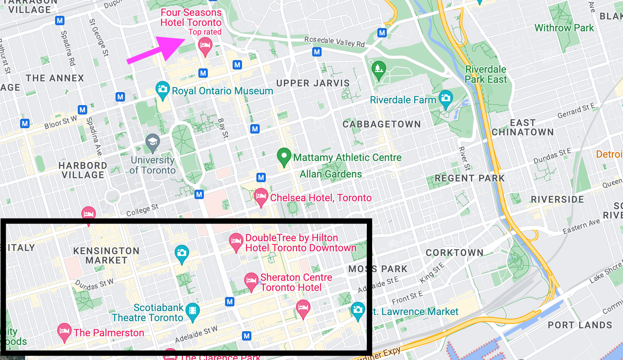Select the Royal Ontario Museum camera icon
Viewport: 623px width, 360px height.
click(162, 89)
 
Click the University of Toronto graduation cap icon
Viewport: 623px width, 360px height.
click(153, 142)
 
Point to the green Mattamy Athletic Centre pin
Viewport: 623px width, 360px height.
click(284, 156)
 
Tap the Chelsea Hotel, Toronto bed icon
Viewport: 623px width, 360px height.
click(261, 197)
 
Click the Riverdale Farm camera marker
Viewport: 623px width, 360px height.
click(445, 98)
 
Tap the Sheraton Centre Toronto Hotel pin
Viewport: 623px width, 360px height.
click(251, 281)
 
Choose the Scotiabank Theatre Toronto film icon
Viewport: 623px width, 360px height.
click(193, 311)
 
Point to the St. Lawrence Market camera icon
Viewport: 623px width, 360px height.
click(358, 310)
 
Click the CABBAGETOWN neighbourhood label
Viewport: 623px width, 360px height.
click(381, 124)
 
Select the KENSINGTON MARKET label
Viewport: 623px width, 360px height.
click(106, 256)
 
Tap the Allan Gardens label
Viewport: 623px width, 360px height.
click(331, 174)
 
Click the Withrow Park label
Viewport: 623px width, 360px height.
click(564, 28)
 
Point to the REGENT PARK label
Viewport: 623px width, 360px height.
click(470, 178)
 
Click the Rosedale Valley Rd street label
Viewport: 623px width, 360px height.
click(335, 42)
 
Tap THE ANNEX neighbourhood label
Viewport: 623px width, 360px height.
click(55, 78)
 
